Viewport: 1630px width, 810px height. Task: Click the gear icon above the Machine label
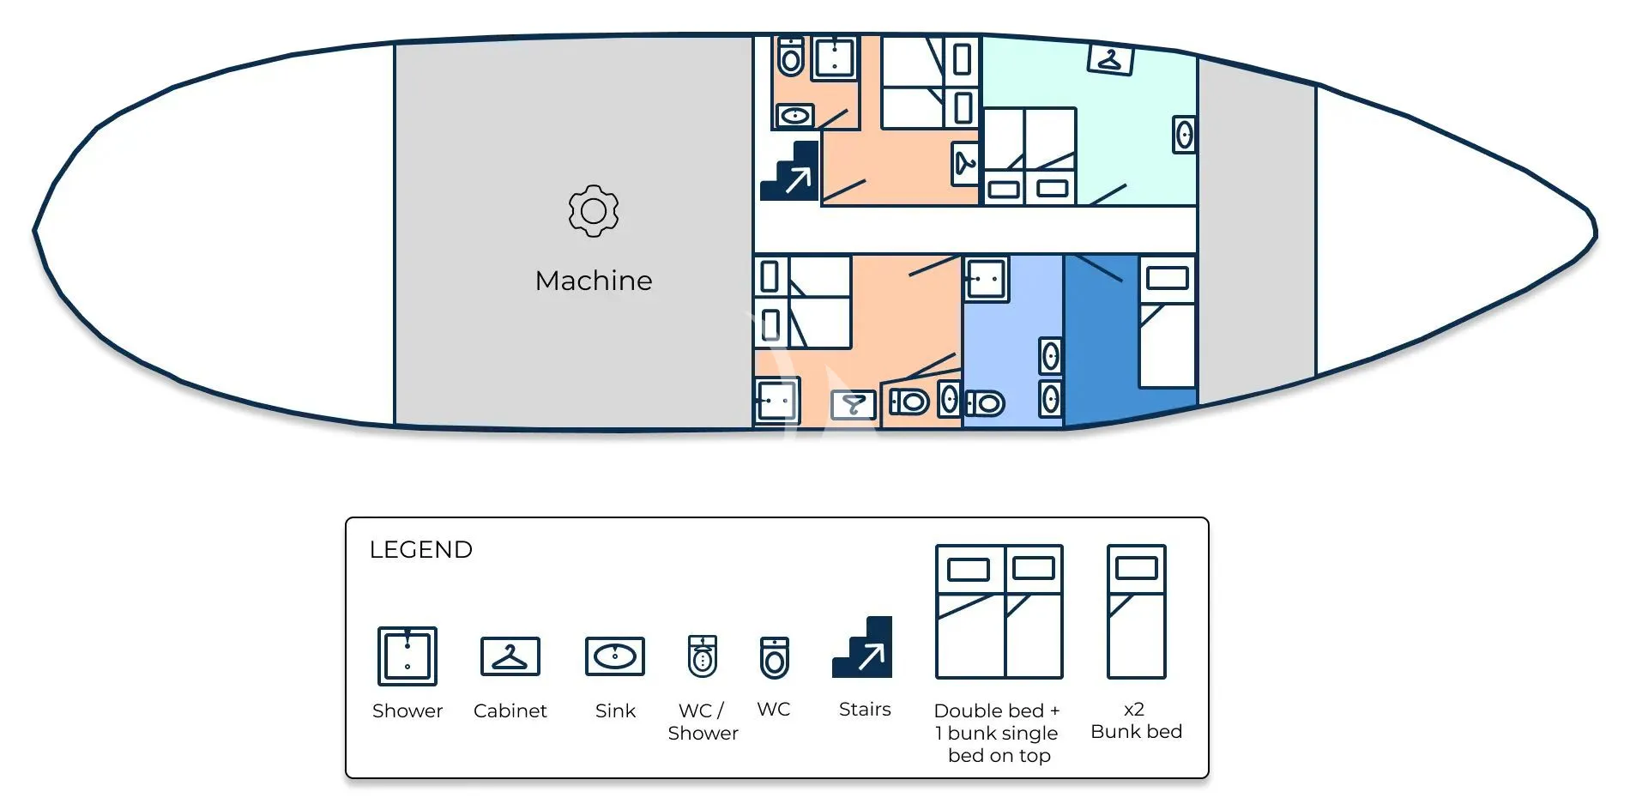pos(594,210)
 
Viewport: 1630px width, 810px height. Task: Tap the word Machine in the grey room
pos(594,281)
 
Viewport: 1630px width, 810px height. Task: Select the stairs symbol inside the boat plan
pos(789,172)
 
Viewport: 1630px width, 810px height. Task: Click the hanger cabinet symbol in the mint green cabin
pos(1110,59)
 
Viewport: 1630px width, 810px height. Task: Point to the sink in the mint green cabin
pos(1185,135)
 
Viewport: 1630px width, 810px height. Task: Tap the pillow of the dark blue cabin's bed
pos(1168,277)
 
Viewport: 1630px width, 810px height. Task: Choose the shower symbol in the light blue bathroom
pos(987,279)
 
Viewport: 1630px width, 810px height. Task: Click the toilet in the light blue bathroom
pos(985,402)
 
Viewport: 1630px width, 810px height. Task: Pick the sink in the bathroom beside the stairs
pos(795,115)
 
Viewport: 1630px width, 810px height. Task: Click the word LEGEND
pos(420,549)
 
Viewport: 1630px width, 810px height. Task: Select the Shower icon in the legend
pos(407,656)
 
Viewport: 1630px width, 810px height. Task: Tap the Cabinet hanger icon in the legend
pos(510,656)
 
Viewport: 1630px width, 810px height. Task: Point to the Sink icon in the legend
pos(615,656)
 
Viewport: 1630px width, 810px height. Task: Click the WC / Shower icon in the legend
pos(703,656)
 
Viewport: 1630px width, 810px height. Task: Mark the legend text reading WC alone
pos(774,710)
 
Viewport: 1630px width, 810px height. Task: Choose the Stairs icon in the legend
pos(862,647)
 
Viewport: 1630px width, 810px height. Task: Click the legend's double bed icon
pos(999,612)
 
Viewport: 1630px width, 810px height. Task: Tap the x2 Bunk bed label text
pos(1136,721)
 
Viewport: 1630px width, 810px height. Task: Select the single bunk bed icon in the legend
pos(1137,612)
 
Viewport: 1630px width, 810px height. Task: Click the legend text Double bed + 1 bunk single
pos(997,722)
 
